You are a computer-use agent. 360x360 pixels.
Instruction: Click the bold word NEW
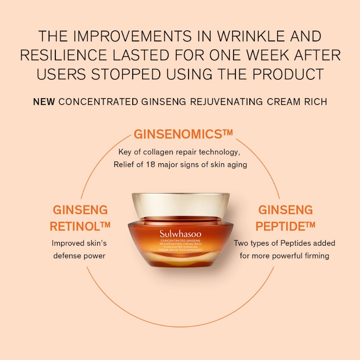[44, 102]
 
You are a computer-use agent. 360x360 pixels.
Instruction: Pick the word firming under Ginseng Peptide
[316, 256]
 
